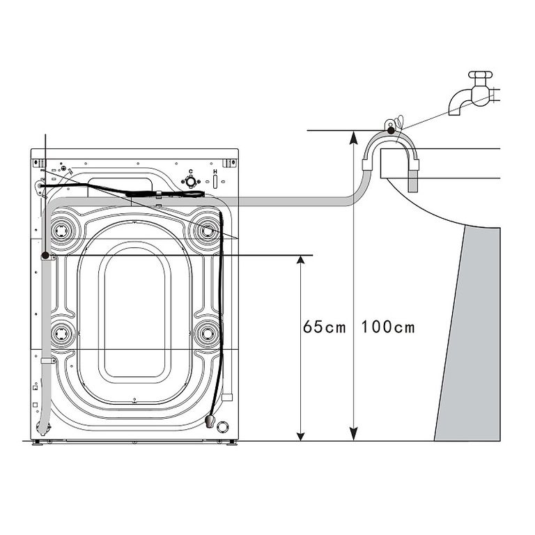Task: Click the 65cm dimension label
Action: point(324,327)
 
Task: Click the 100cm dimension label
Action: point(388,327)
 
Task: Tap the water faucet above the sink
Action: point(474,93)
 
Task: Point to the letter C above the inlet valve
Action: point(191,171)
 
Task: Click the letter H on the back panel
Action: point(215,171)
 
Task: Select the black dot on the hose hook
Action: point(391,130)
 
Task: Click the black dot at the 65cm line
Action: point(45,255)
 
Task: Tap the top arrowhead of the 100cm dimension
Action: point(354,137)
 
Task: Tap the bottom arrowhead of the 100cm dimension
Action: point(354,434)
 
